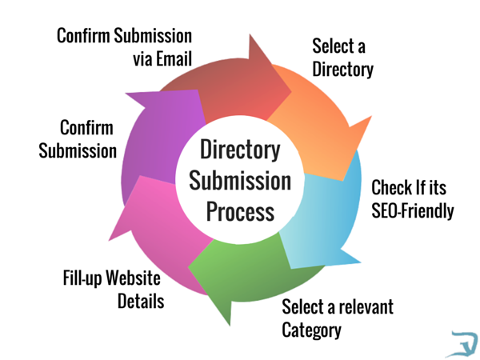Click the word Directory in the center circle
[240, 150]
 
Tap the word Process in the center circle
[240, 212]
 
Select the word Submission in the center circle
[240, 181]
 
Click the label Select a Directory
[342, 57]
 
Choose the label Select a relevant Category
[337, 318]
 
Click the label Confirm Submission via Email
[125, 48]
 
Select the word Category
[311, 330]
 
